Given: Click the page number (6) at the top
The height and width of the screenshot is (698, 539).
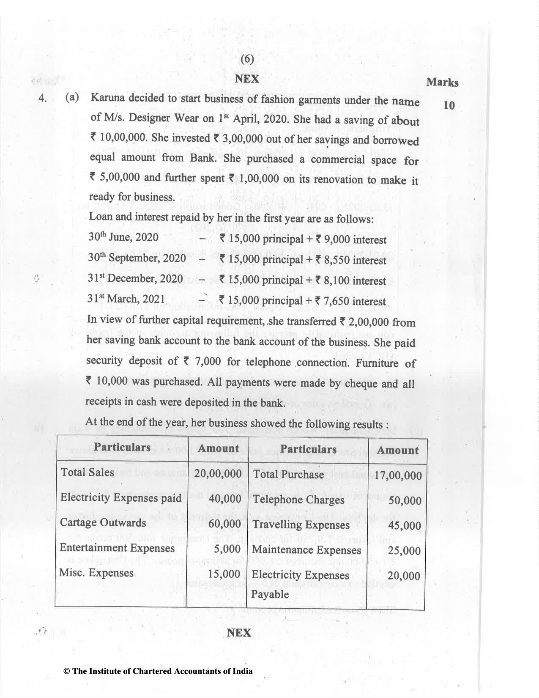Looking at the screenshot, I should click(x=247, y=59).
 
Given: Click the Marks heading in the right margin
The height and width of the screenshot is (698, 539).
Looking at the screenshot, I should click(x=442, y=82).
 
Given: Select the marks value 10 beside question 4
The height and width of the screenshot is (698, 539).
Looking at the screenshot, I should click(x=449, y=105).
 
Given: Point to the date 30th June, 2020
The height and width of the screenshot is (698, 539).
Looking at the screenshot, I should click(x=123, y=237).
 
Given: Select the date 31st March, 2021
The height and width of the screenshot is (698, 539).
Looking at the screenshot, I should click(x=126, y=299).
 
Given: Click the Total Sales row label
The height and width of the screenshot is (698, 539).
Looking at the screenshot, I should click(x=87, y=472).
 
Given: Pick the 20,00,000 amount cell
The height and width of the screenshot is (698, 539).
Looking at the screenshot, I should click(x=218, y=473).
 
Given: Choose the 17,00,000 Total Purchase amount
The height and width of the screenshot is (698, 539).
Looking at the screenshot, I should click(x=398, y=475).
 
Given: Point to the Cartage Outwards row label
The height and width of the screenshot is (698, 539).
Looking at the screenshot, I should click(x=103, y=522).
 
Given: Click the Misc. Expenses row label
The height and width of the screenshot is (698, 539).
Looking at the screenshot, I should click(x=96, y=573).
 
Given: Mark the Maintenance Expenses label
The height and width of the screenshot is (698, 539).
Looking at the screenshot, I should click(x=306, y=550).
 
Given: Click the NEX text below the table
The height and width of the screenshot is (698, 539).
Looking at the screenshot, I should click(x=239, y=633).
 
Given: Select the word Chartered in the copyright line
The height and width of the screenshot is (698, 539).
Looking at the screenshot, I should click(x=151, y=671).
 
